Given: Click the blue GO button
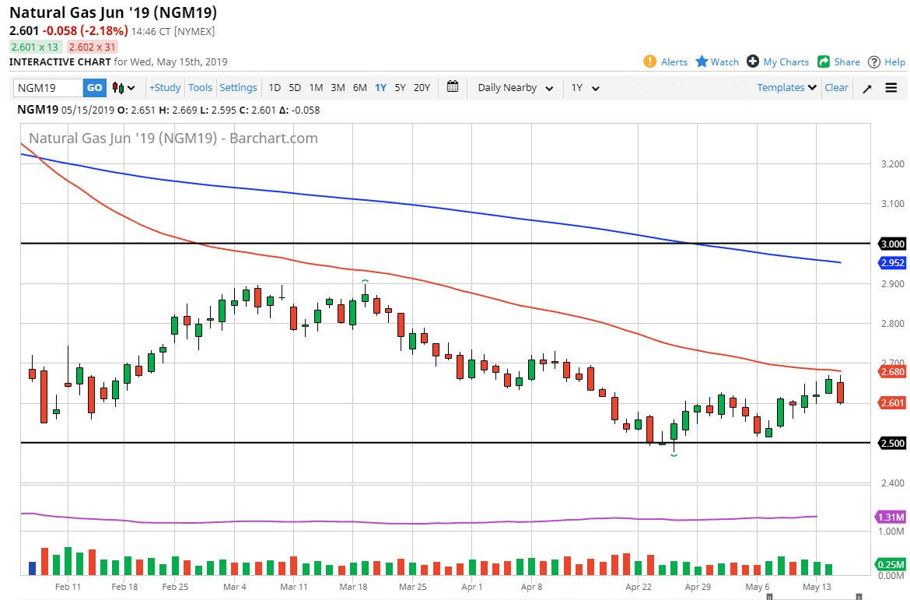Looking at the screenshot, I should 94,88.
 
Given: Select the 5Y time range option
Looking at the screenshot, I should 400,88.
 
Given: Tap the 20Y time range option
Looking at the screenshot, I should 422,88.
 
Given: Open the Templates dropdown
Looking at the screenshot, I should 786,88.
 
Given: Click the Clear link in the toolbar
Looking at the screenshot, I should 836,88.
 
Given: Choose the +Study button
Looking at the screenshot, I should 165,88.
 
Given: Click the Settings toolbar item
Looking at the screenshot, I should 238,88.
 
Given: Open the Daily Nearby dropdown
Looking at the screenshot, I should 515,88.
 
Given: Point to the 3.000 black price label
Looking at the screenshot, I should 891,244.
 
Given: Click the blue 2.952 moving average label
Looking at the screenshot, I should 891,263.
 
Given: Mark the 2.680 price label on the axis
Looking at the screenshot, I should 891,372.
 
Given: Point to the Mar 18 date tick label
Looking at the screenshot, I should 353,587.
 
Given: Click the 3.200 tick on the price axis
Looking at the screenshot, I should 892,164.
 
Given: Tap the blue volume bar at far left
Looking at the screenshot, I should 33,568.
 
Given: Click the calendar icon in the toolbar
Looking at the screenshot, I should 453,87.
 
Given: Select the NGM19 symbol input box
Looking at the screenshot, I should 47,88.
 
